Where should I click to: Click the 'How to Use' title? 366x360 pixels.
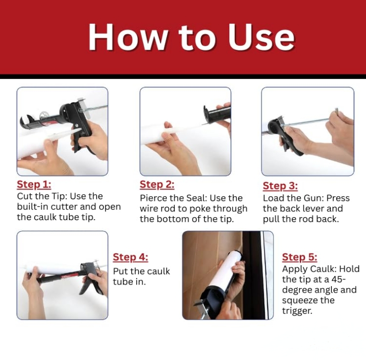pos(191,37)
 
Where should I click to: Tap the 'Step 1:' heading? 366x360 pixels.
pos(34,184)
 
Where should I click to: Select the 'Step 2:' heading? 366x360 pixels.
pos(157,184)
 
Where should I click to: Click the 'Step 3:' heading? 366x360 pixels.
pos(280,186)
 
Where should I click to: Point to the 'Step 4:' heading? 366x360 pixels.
pos(130,257)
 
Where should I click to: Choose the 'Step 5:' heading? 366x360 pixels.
pos(300,257)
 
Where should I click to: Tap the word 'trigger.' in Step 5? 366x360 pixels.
pos(297,311)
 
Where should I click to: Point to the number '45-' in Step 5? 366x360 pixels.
pos(336,279)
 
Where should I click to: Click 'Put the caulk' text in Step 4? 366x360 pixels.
pos(142,271)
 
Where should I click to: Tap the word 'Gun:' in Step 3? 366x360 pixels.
pos(313,198)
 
